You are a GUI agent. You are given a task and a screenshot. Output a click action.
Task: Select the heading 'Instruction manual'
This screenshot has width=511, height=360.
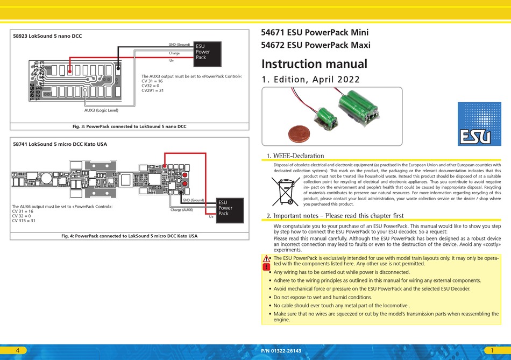314,64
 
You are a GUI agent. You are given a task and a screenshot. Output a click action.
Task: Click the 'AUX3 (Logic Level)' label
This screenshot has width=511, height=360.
101,110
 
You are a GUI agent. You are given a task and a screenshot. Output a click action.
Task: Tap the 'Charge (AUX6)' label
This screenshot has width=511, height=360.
181,210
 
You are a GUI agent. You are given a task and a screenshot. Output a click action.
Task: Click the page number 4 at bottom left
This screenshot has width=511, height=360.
18,350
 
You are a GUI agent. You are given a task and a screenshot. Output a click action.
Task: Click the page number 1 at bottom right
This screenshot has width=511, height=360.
493,350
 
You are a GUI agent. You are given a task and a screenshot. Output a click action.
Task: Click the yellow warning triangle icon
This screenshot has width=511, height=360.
266,259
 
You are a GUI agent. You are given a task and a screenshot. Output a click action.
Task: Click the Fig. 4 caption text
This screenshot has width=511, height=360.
129,236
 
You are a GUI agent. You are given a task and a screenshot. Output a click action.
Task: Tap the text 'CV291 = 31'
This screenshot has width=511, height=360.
153,90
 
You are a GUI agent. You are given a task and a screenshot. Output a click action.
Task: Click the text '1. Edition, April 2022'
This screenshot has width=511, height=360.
310,80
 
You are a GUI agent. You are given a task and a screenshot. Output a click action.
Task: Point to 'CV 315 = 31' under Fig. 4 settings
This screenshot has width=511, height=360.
24,221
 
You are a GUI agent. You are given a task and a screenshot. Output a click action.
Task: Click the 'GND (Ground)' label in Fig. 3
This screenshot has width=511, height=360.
179,45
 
